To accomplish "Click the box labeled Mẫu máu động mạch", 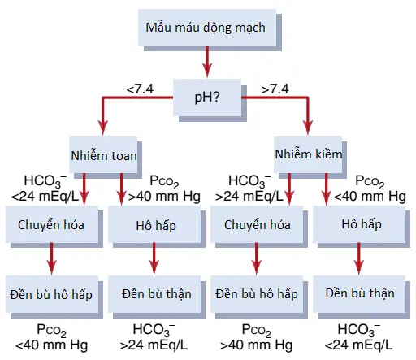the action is pyautogui.click(x=207, y=28).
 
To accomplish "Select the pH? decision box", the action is pyautogui.click(x=207, y=98).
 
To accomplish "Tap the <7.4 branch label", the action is pyautogui.click(x=140, y=89).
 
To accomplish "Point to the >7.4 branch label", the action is pyautogui.click(x=275, y=89).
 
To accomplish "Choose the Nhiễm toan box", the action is pyautogui.click(x=103, y=154).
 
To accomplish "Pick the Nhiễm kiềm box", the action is pyautogui.click(x=308, y=154).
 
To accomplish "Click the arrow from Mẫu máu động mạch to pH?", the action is pyautogui.click(x=207, y=62).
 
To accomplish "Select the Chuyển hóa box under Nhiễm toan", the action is pyautogui.click(x=52, y=224).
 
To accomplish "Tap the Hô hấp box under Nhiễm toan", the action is pyautogui.click(x=154, y=224).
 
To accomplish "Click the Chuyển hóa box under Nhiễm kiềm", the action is pyautogui.click(x=257, y=224).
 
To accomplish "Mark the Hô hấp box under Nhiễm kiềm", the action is pyautogui.click(x=359, y=224).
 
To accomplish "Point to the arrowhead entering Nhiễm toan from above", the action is pyautogui.click(x=103, y=128).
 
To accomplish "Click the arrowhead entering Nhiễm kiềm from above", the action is pyautogui.click(x=308, y=128).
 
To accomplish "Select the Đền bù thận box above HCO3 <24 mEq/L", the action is pyautogui.click(x=359, y=294).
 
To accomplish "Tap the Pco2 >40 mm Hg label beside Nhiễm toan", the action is pyautogui.click(x=164, y=189).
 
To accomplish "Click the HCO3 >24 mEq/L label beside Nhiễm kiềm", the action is pyautogui.click(x=249, y=189).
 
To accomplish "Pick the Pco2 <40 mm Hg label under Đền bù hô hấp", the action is pyautogui.click(x=51, y=337).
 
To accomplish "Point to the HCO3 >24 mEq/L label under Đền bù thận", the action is pyautogui.click(x=154, y=337).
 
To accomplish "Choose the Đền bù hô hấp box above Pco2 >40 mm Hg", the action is pyautogui.click(x=257, y=294).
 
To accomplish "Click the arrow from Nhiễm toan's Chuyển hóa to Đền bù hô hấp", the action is pyautogui.click(x=52, y=259).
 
